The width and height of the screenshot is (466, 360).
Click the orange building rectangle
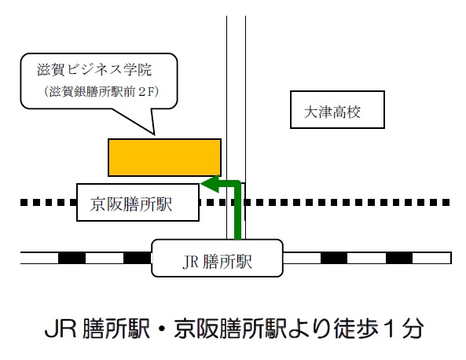(164, 156)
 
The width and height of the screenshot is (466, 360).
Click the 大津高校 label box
(336, 112)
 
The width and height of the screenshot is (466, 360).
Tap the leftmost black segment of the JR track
(72, 257)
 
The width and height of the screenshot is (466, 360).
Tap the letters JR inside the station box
(189, 259)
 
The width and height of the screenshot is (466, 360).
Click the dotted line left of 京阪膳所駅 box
(47, 202)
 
